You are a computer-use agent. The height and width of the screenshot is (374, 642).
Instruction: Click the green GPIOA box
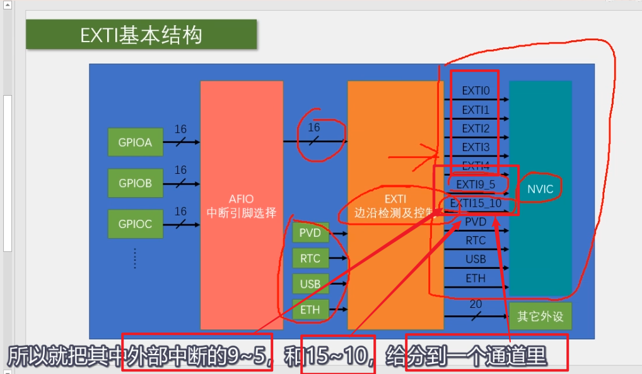tap(135, 142)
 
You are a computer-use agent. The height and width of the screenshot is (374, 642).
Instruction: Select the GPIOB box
tap(135, 183)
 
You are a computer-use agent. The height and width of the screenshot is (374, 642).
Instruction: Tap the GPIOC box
tap(135, 224)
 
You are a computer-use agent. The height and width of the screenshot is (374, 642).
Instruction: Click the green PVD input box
tap(310, 233)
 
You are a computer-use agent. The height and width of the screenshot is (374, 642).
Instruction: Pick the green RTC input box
tap(310, 258)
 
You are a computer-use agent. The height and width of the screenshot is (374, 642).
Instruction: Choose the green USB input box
tap(310, 284)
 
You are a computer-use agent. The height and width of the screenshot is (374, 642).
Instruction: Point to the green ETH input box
tap(310, 310)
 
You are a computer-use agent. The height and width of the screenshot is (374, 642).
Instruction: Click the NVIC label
tap(540, 188)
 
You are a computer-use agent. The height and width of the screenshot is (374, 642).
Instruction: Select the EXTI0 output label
tap(476, 91)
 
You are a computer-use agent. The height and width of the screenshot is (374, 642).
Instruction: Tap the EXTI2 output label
tap(476, 128)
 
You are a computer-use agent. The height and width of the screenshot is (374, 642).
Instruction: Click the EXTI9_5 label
tap(476, 184)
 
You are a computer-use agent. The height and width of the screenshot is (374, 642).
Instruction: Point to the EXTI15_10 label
tap(476, 203)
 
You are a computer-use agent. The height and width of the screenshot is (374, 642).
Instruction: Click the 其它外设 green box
tap(540, 317)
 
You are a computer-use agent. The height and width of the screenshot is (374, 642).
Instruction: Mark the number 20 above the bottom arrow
tap(476, 305)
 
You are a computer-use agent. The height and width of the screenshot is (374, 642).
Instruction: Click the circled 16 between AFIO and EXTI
tap(314, 128)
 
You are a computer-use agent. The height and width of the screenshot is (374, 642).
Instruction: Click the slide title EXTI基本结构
tap(141, 35)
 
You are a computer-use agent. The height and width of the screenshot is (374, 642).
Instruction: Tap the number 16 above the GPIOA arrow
tap(180, 130)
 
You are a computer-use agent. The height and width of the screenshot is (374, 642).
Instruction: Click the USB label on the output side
tap(476, 259)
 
